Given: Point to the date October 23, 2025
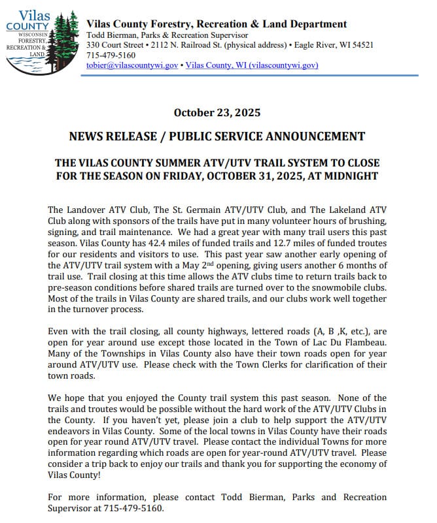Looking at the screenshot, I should tap(217, 113).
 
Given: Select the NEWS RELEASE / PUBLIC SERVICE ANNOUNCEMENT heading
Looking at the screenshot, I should tap(217, 136).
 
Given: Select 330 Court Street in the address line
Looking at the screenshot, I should tap(114, 45).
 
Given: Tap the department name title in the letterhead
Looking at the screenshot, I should tap(217, 24).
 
